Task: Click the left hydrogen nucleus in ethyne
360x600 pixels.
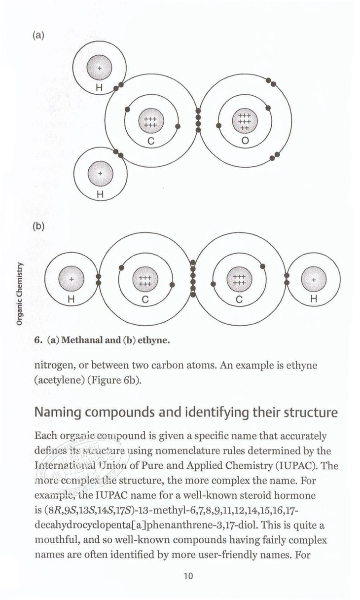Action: [72, 280]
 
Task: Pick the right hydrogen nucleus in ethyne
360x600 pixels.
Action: [314, 280]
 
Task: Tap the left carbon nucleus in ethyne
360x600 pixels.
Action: [145, 281]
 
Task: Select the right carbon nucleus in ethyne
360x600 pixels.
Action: [239, 280]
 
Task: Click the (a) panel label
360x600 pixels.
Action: [38, 36]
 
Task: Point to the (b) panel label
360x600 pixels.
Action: [38, 227]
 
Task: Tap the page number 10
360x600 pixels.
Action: [187, 576]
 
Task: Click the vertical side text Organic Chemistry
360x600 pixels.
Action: [20, 294]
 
